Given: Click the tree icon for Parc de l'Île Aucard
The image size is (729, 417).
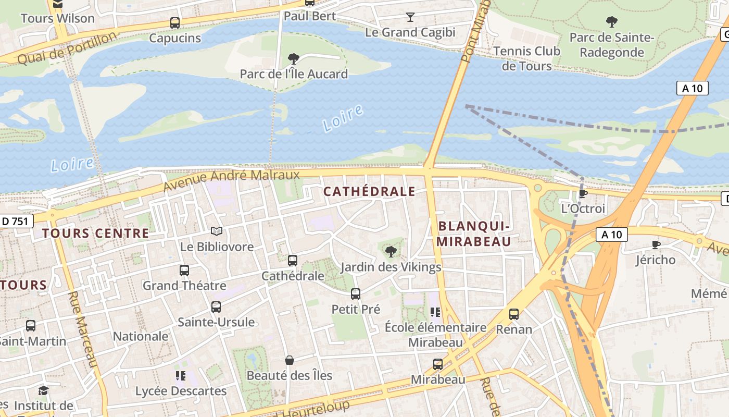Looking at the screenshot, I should point(294,58).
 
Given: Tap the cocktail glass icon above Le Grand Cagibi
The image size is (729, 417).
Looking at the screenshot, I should point(410,17).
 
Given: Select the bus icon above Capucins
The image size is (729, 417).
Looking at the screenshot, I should point(175,23).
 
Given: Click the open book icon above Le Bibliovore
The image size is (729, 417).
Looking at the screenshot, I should point(217,231).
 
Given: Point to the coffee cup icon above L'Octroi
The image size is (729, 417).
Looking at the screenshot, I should point(583,193).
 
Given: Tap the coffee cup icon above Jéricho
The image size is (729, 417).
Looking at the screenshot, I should point(656,244).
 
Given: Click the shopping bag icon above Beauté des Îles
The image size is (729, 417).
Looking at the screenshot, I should point(290,360).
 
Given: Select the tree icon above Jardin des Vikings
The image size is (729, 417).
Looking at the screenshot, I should point(391,252).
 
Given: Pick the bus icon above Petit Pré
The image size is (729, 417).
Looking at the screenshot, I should point(356,294).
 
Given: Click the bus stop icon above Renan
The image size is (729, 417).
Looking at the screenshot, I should point(514,314).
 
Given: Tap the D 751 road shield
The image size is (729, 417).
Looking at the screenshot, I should point(16,221).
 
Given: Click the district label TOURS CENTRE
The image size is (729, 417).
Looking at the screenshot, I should point(96,233).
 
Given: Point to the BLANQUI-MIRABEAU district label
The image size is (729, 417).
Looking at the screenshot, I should point(473,234).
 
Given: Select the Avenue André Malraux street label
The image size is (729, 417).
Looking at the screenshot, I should point(232,180).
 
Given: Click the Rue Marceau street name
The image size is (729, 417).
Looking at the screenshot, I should point(83,329).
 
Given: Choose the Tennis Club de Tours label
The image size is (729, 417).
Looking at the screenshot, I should point(526,58).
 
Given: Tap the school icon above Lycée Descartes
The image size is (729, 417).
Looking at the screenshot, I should point(181,376).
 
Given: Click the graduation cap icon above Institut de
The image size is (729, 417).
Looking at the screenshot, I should point(44,390).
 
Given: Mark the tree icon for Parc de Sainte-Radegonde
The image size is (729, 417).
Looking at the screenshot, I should point(612,22).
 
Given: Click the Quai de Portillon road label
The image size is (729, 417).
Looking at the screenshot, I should point(67,48).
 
